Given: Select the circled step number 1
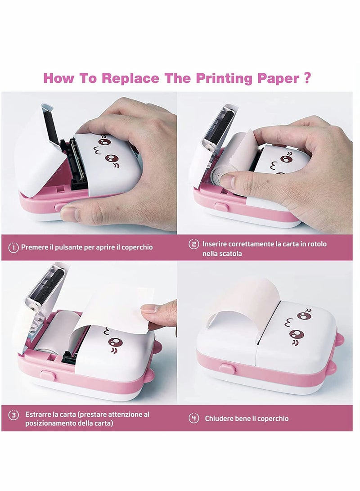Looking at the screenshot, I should (13, 247).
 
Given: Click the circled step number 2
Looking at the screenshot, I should (193, 244).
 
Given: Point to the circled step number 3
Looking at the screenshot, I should (13, 414).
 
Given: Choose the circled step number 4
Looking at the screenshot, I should (193, 418).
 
